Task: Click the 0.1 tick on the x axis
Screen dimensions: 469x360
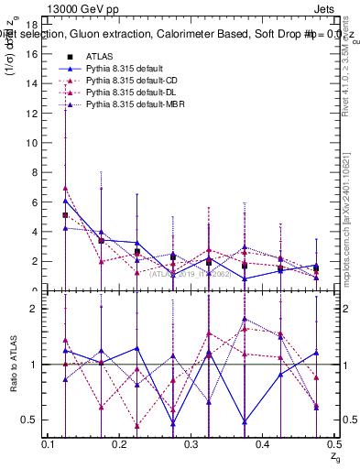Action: (49, 445)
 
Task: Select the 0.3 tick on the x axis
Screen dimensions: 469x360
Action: (191, 445)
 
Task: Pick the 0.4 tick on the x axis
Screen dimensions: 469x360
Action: (263, 445)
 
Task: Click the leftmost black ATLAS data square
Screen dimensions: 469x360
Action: (65, 215)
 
